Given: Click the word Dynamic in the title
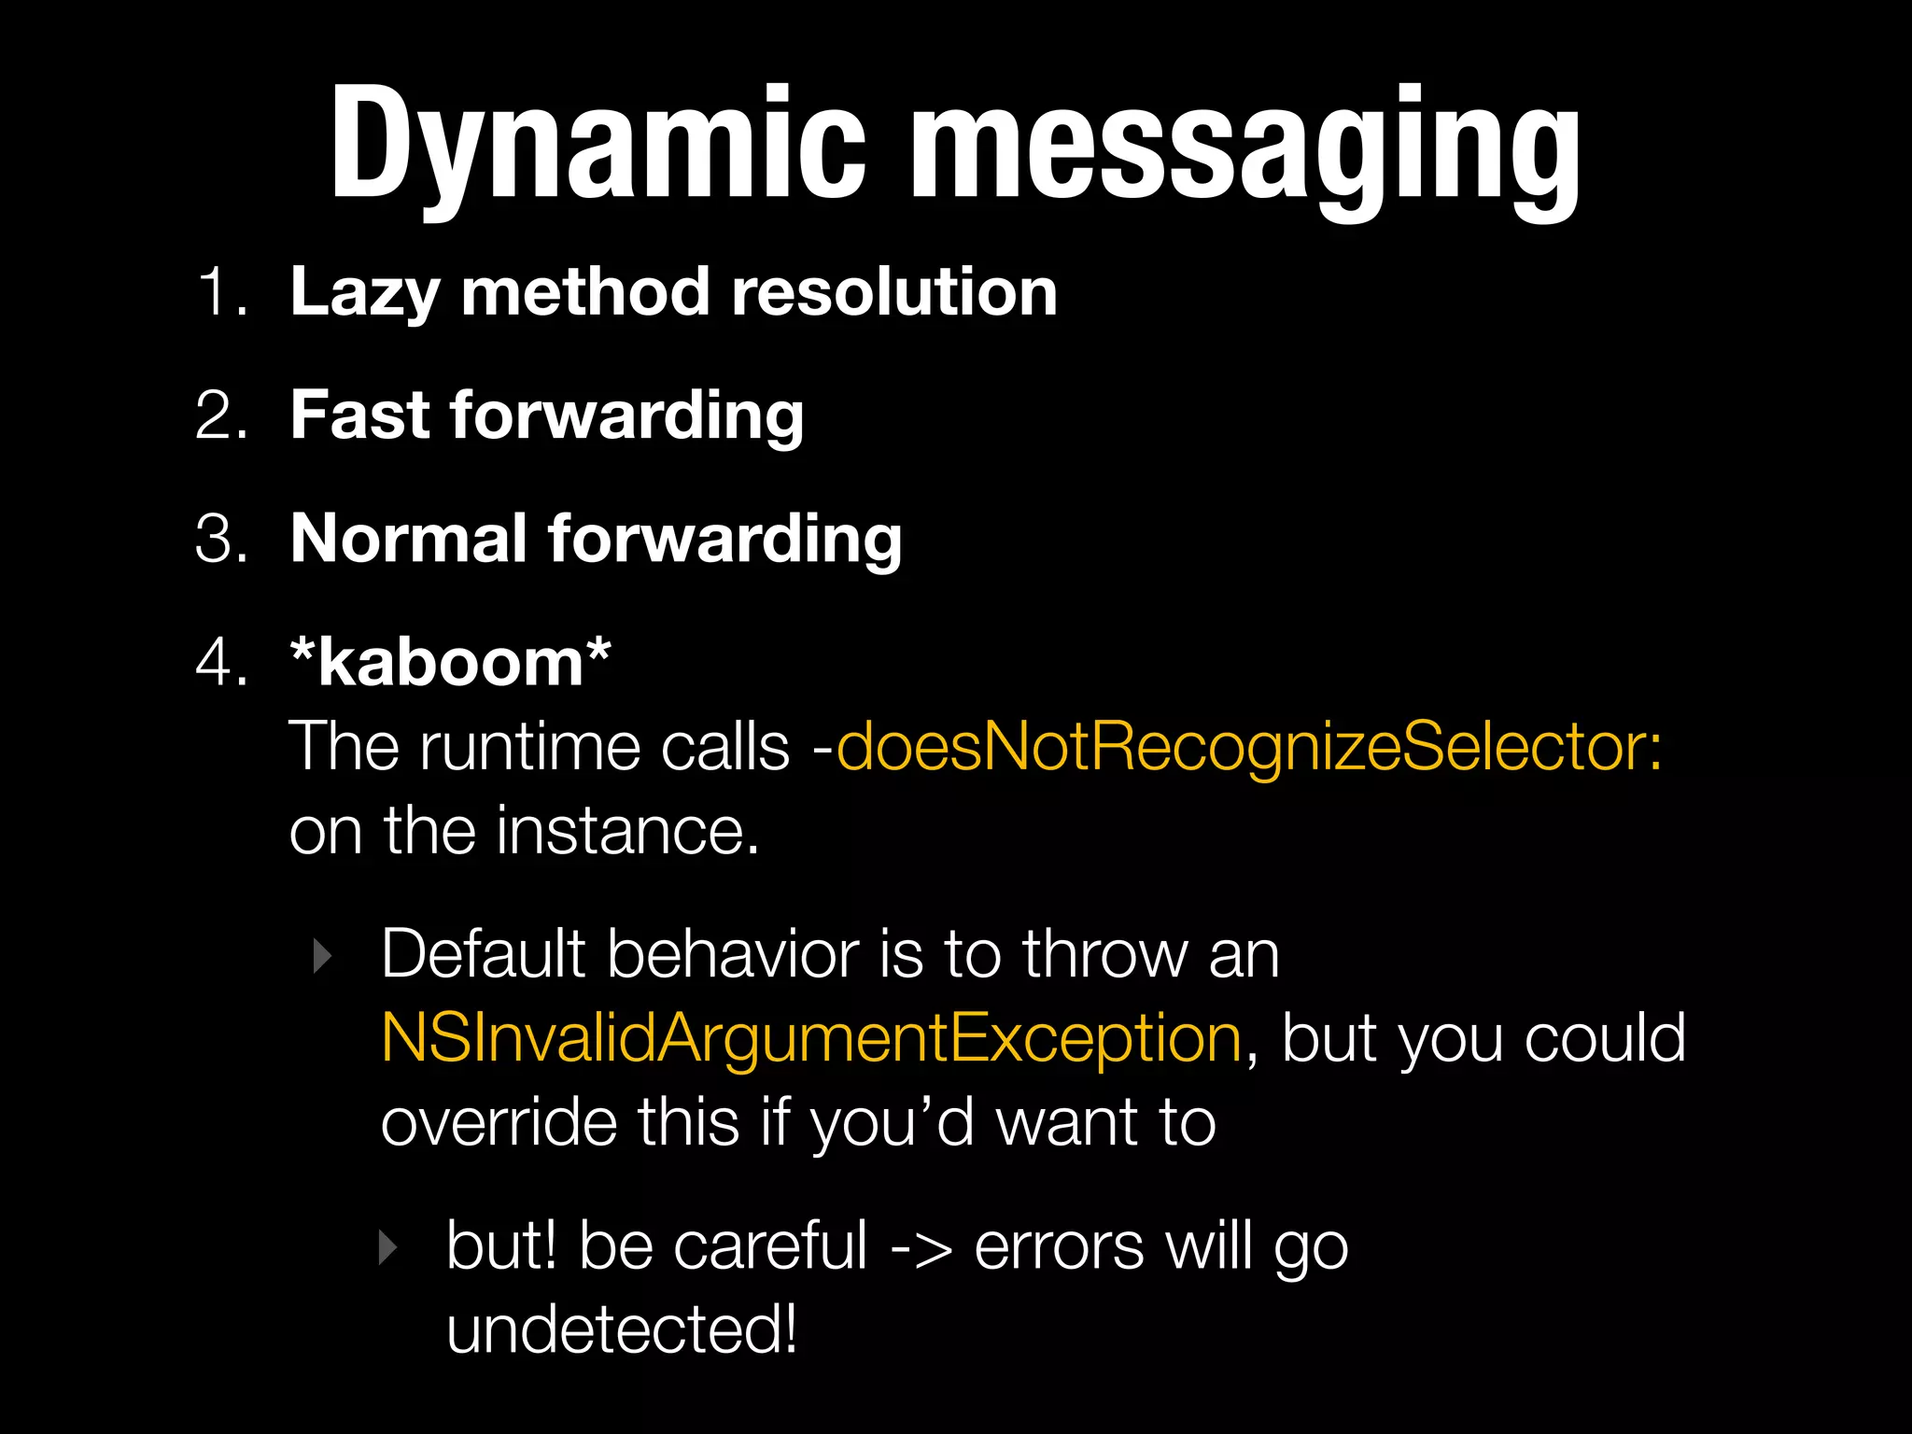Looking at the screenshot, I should pos(597,145).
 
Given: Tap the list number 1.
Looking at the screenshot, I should pos(221,292).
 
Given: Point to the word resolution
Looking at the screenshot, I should pos(893,292).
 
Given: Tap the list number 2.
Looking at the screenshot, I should pos(221,415).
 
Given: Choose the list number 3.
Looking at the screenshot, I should pos(221,539).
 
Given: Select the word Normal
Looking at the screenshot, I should pos(408,539).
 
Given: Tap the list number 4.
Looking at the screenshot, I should pos(221,663).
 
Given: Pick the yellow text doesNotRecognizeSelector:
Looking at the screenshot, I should pos(1249,747).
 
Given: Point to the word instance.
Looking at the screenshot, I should pos(627,830).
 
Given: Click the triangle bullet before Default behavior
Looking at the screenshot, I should pos(322,956).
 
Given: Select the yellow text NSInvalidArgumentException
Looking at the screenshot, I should pos(811,1039).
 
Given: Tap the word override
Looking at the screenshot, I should pos(499,1122).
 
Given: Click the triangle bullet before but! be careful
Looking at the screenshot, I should pos(387,1247).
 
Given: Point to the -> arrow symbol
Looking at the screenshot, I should pos(921,1247).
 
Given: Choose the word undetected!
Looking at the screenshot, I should pos(622,1329).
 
